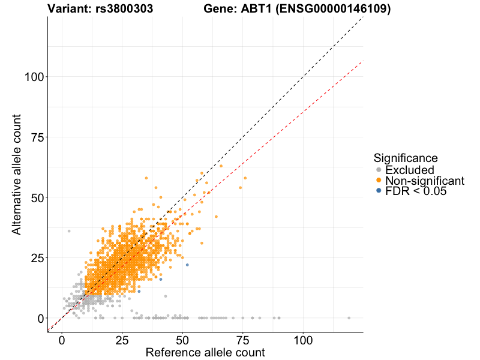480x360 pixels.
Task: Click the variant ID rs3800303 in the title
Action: (x=124, y=9)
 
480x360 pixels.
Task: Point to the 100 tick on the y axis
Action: (x=35, y=77)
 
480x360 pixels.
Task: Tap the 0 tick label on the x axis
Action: (x=62, y=340)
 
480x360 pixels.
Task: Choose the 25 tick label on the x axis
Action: (x=122, y=340)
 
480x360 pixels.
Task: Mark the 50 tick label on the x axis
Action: (x=182, y=340)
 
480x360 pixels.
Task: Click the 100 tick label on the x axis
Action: (x=303, y=340)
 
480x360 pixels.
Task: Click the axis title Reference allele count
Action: (x=205, y=352)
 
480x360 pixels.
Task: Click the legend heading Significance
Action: (x=406, y=158)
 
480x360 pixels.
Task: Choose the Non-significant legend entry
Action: (x=424, y=181)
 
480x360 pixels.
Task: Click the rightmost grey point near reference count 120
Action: (x=349, y=318)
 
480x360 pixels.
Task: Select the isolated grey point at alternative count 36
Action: (x=69, y=231)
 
